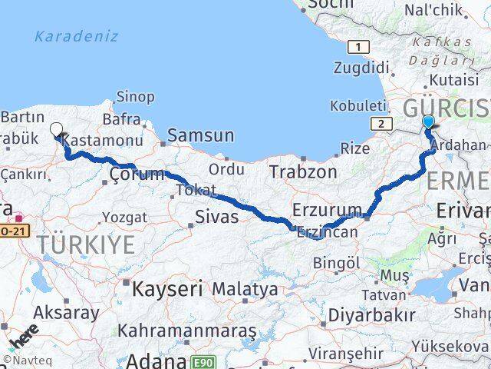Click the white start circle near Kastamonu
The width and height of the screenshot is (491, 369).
pos(56,129)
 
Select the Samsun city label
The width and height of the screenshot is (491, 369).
pos(200,135)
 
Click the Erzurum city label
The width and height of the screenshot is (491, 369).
pos(327,209)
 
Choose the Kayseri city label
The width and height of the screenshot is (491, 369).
pos(166,289)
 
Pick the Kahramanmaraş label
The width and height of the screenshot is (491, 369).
pos(187,331)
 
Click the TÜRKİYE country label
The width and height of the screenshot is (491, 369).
pos(87,245)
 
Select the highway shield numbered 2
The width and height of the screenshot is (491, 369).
pos(380,122)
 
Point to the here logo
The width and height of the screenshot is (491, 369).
pos(24,336)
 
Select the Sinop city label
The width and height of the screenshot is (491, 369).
pos(135,97)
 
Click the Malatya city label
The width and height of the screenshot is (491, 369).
pos(245,289)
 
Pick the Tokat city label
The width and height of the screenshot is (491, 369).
pos(195,190)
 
